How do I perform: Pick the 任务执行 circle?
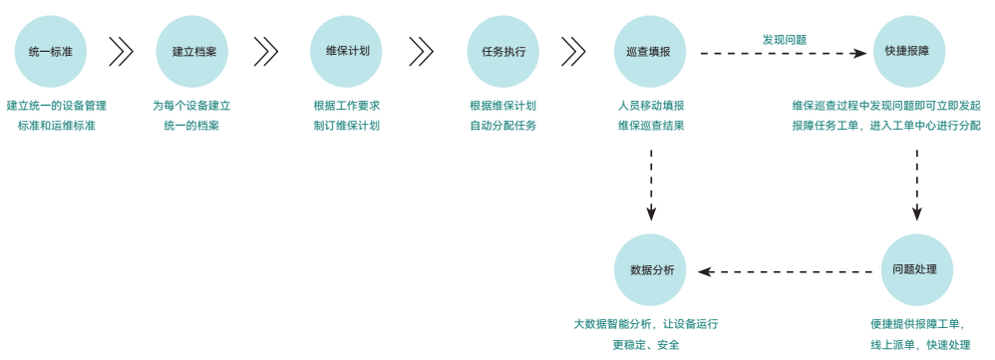[x=502, y=51]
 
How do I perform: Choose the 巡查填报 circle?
[x=650, y=51]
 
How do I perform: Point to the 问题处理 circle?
[x=916, y=270]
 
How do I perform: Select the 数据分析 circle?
[x=651, y=270]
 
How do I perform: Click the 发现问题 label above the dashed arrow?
[x=784, y=40]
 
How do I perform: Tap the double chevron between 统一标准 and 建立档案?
[x=122, y=51]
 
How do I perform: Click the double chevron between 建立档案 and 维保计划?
[x=266, y=51]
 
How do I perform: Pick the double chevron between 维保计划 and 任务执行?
[x=422, y=51]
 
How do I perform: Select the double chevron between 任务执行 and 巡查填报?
[x=573, y=51]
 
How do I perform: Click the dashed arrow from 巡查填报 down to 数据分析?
[x=651, y=183]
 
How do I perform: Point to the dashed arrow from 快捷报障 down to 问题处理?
[x=916, y=183]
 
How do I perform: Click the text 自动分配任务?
[x=502, y=126]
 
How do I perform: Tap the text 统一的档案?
[x=191, y=126]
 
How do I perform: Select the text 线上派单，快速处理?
[x=919, y=345]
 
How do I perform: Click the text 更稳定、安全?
[x=645, y=345]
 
